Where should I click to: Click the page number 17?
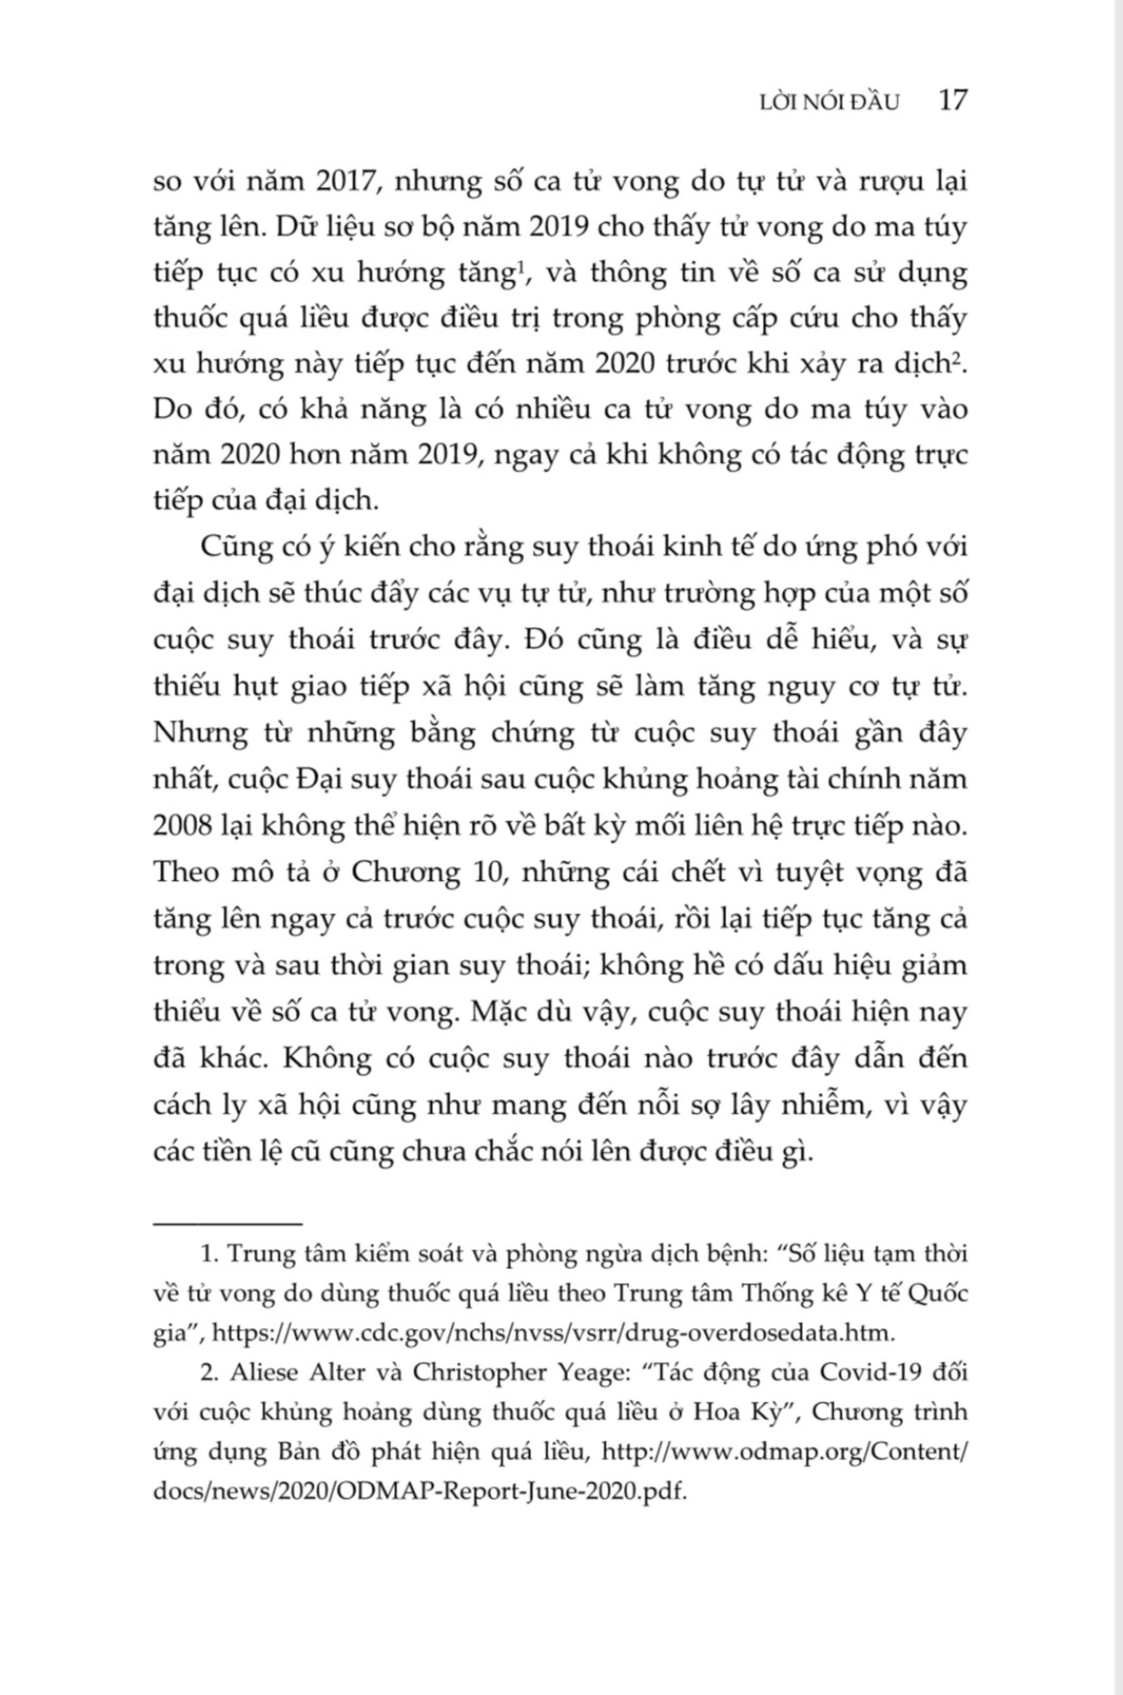[952, 101]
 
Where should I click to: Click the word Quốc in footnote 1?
[939, 1294]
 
